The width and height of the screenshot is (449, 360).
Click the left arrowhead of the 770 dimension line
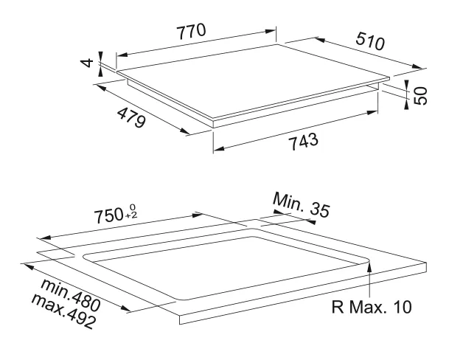[x=119, y=54]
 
